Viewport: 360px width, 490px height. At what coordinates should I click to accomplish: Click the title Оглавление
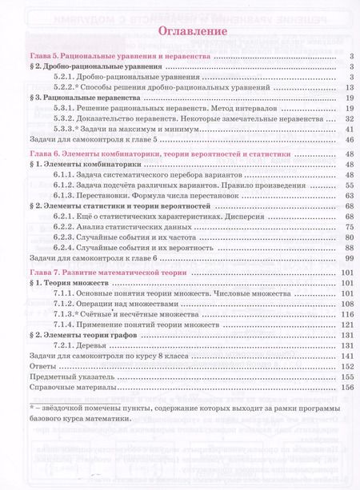[x=179, y=32]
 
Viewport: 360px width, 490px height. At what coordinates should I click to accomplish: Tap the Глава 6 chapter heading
[x=139, y=152]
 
